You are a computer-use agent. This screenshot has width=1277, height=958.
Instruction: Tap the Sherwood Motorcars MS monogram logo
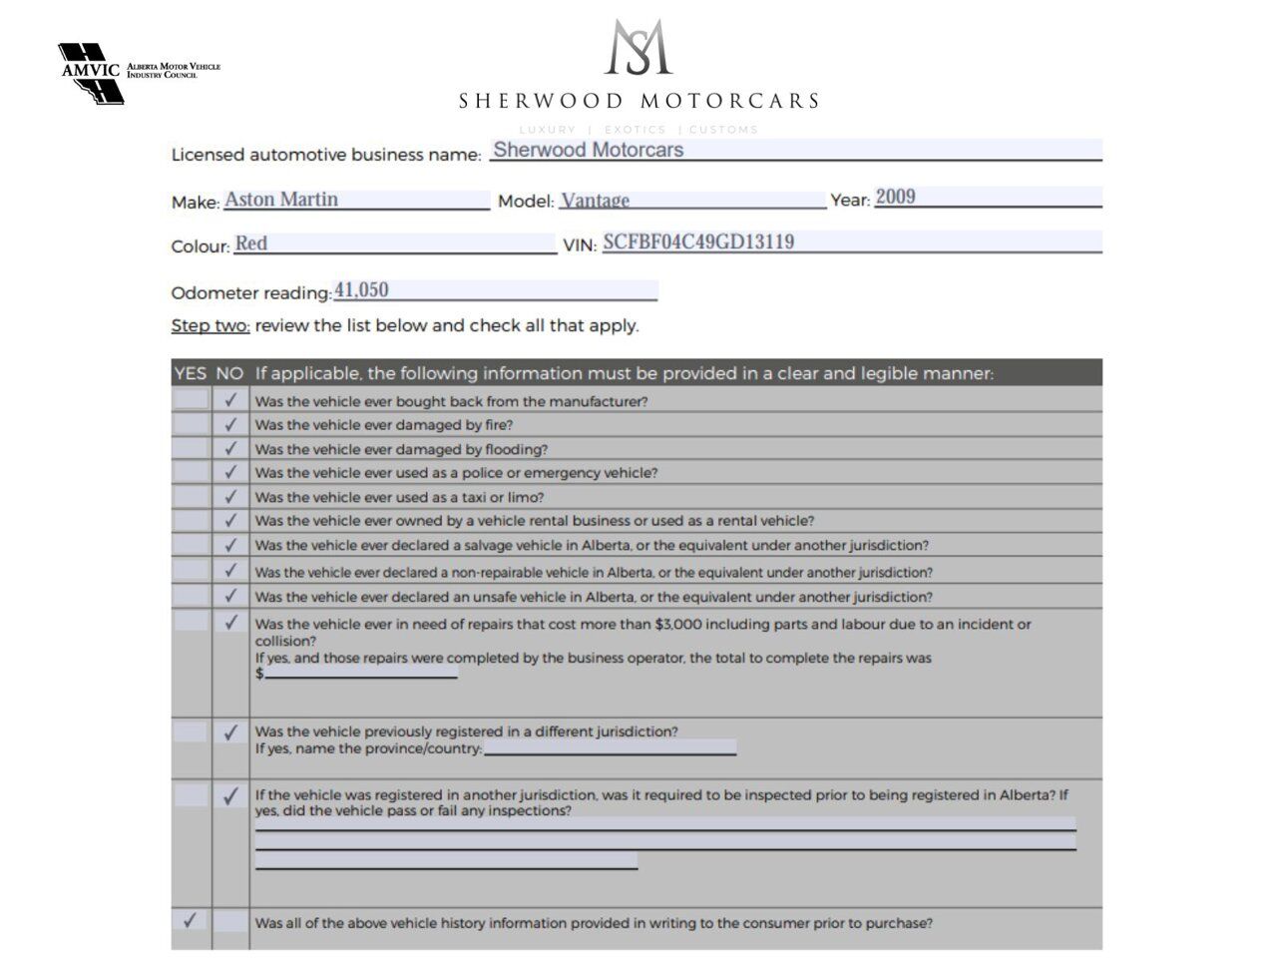pyautogui.click(x=638, y=47)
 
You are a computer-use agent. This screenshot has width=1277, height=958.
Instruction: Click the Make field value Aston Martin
pyautogui.click(x=281, y=200)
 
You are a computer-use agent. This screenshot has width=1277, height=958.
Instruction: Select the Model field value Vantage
pyautogui.click(x=596, y=201)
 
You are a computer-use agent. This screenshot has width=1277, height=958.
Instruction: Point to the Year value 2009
pyautogui.click(x=895, y=197)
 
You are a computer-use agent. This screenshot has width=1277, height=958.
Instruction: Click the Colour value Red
pyautogui.click(x=251, y=243)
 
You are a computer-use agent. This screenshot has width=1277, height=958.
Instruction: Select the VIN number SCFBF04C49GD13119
pyautogui.click(x=698, y=241)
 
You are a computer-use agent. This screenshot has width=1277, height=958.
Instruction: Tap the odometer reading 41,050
pyautogui.click(x=361, y=290)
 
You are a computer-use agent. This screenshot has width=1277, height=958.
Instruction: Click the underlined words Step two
pyautogui.click(x=211, y=325)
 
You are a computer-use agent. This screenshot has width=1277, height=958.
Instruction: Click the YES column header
pyautogui.click(x=190, y=373)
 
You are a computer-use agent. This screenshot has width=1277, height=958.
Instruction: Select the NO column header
pyautogui.click(x=229, y=373)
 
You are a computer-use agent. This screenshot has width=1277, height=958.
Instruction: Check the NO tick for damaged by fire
pyautogui.click(x=230, y=424)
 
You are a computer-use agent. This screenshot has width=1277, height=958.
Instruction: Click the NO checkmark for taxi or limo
pyautogui.click(x=230, y=496)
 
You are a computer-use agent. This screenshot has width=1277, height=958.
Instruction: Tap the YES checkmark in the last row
pyautogui.click(x=190, y=920)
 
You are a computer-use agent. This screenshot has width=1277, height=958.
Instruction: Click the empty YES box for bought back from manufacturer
pyautogui.click(x=190, y=400)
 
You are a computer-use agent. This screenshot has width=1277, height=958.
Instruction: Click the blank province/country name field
pyautogui.click(x=610, y=747)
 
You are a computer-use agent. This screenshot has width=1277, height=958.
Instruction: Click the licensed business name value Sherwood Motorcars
pyautogui.click(x=589, y=150)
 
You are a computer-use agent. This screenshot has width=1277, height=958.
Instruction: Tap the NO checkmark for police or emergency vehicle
pyautogui.click(x=230, y=471)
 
